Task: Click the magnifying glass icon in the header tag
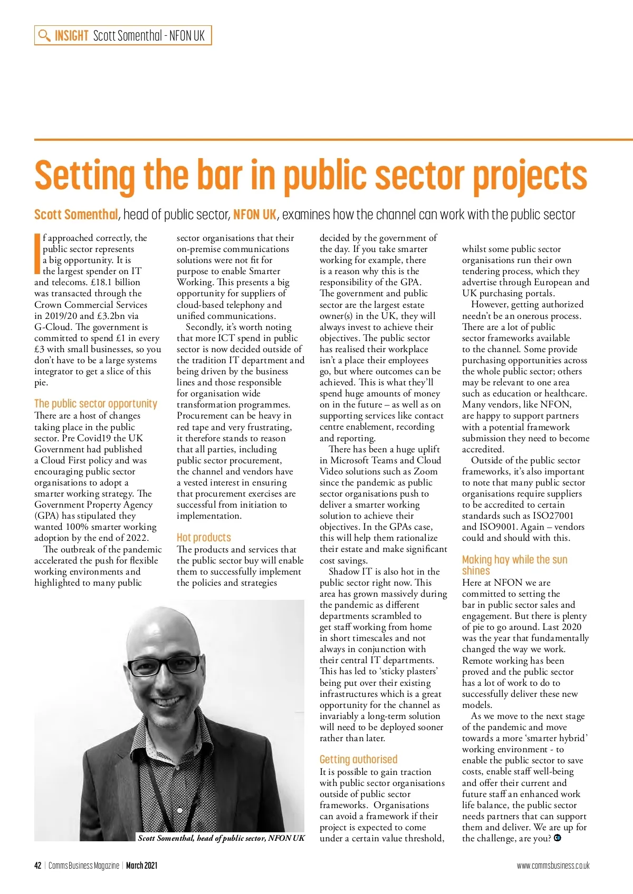pos(45,36)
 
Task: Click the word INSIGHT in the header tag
pos(72,36)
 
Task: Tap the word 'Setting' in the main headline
pos(84,177)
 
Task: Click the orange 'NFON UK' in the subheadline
pos(255,215)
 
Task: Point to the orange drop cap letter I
pos(37,254)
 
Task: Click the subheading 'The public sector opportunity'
pos(95,404)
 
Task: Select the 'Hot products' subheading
pos(204,538)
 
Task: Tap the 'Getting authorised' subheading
pos(358,760)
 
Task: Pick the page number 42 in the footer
pos(37,866)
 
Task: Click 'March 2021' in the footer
pos(141,866)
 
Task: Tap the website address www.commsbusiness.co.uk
pos(553,866)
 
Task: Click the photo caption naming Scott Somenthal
pos(221,838)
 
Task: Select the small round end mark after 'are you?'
pos(558,838)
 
